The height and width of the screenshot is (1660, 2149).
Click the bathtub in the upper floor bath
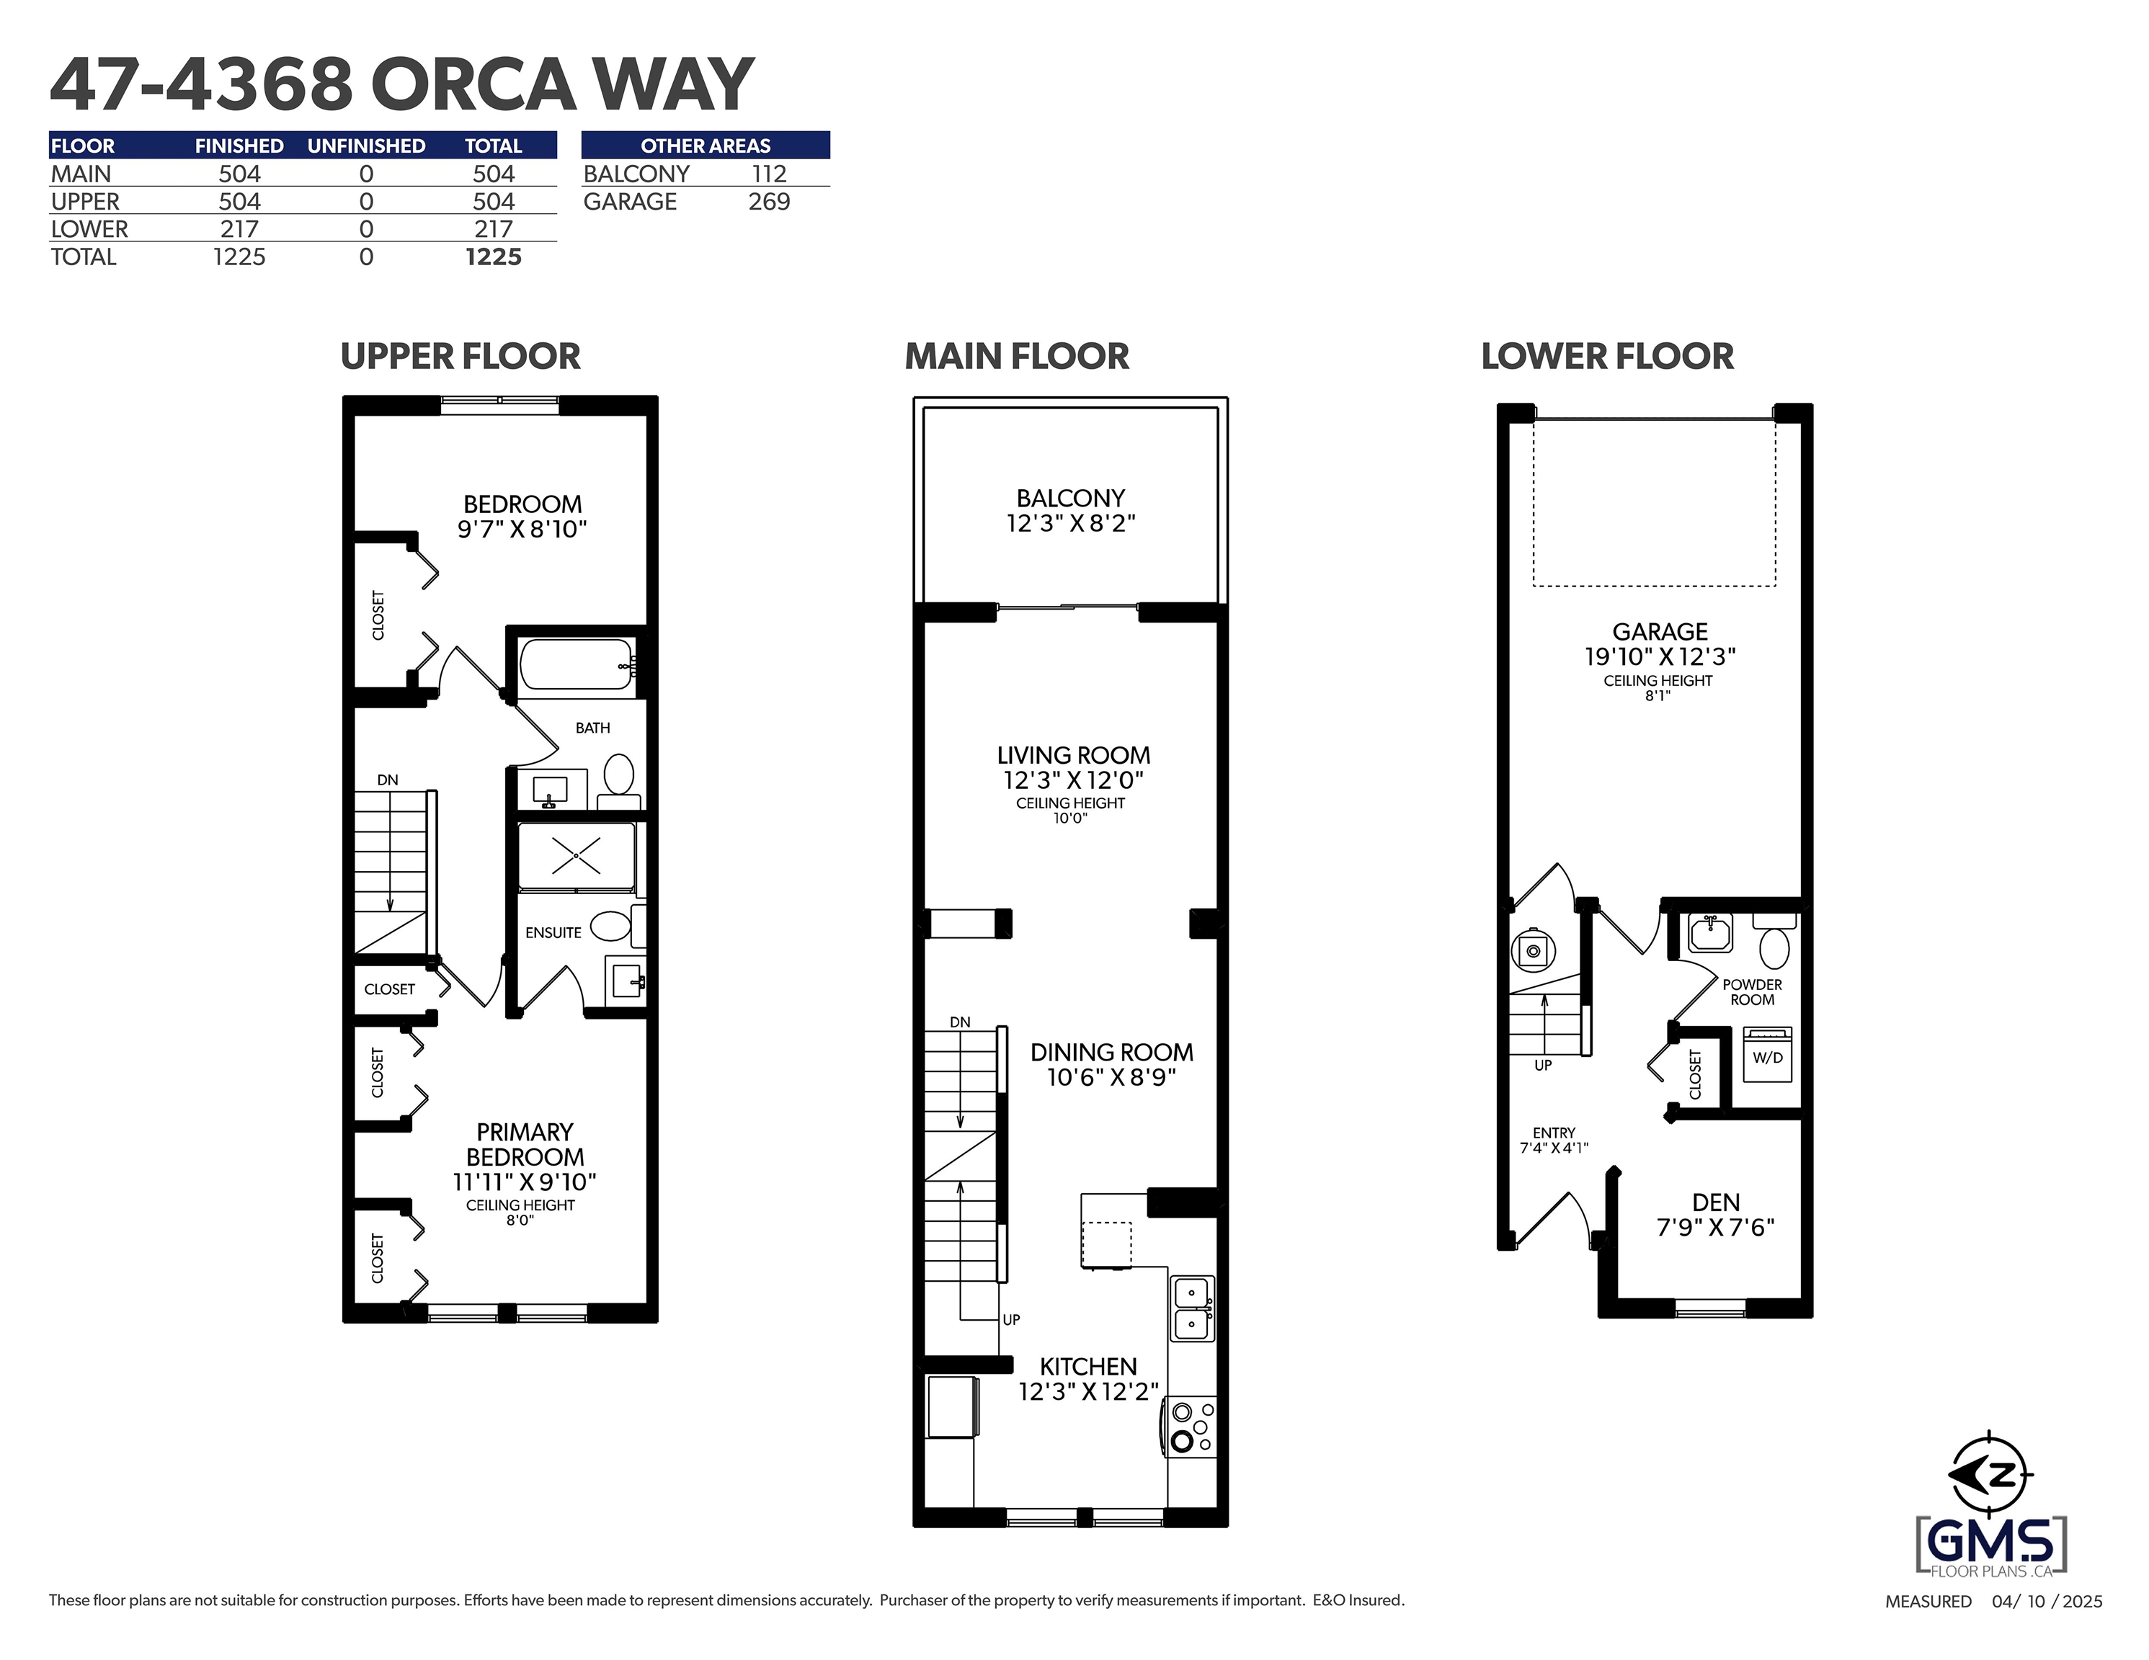[577, 664]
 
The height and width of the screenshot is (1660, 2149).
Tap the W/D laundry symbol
[1767, 1055]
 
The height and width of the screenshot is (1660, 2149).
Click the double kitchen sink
[1193, 1308]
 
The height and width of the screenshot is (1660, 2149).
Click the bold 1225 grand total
[493, 256]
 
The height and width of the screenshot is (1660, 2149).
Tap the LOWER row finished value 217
[239, 229]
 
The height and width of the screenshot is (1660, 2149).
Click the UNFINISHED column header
[366, 146]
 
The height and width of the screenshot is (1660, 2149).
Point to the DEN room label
[1716, 1202]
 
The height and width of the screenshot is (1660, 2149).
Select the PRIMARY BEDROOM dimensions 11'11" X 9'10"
[525, 1182]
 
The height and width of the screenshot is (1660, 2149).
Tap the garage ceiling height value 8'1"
[1658, 696]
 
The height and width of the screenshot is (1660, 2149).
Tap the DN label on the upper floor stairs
[388, 780]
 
